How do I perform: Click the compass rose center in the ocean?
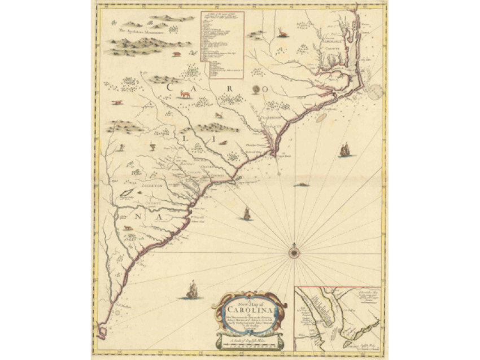pyautogui.click(x=294, y=252)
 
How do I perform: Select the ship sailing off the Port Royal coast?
pyautogui.click(x=246, y=213)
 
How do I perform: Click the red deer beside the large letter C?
pyautogui.click(x=185, y=93)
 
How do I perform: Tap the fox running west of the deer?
pyautogui.click(x=117, y=102)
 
